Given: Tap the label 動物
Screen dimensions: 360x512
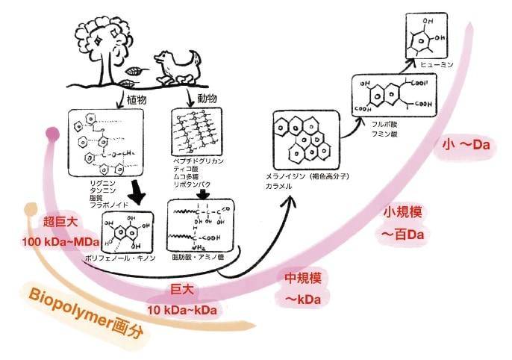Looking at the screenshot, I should [207, 99].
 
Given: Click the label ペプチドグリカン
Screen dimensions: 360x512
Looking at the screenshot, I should [198, 161].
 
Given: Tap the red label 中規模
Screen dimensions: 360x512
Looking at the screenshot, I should [303, 279].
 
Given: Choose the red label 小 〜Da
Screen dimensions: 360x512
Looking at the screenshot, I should [466, 145].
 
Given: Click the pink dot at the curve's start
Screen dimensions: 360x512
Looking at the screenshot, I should [51, 134].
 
